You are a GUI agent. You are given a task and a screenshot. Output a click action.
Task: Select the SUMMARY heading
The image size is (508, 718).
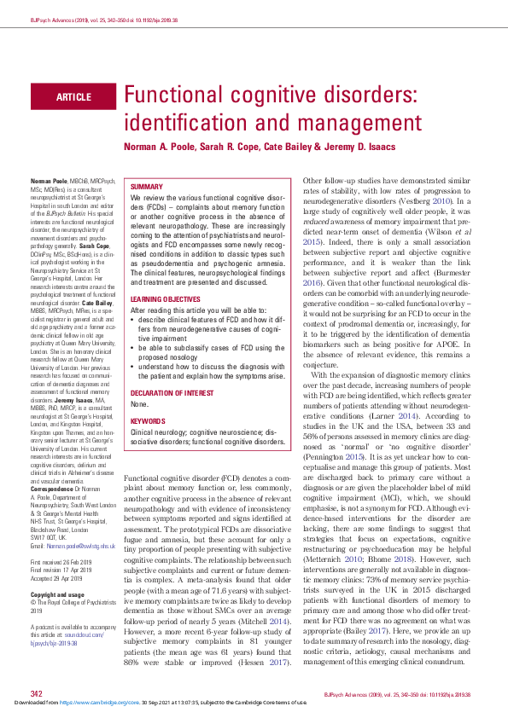click(x=146, y=186)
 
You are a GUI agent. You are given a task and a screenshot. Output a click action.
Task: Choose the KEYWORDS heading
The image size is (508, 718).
click(x=148, y=420)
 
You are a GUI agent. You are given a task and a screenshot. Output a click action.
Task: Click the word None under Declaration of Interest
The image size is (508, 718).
click(x=138, y=404)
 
